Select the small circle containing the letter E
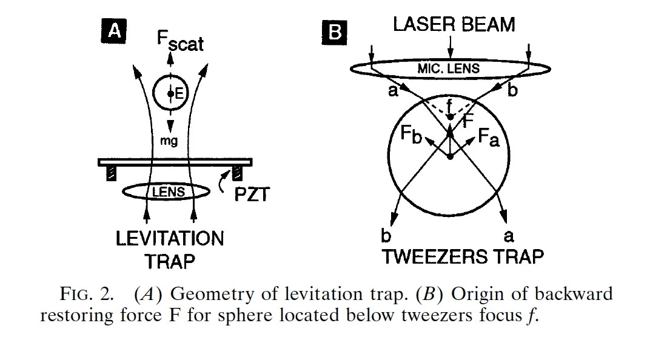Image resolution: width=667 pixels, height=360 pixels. tap(171, 93)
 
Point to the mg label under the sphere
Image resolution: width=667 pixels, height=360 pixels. tap(169, 141)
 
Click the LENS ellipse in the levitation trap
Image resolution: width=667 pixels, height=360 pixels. tap(166, 192)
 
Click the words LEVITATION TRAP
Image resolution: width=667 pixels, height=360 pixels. tap(169, 249)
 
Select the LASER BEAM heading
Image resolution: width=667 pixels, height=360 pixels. tap(454, 24)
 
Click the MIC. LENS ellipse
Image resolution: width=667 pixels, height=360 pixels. tap(448, 68)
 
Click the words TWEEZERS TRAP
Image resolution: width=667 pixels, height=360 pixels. tap(463, 256)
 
